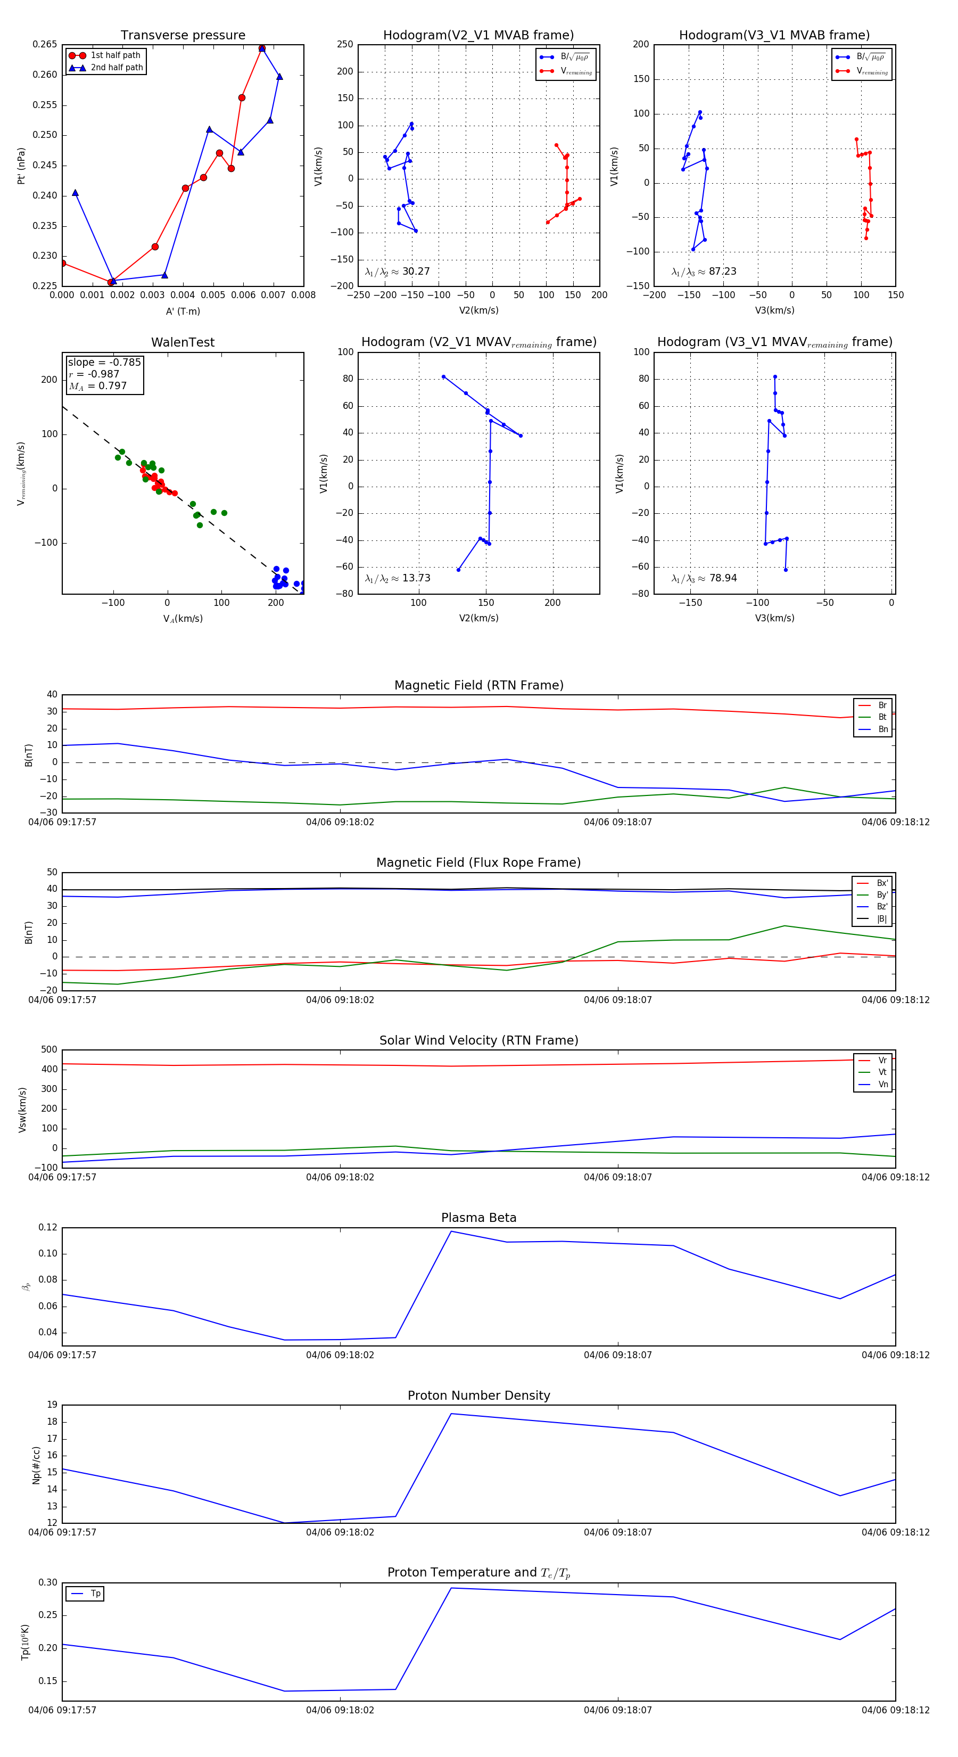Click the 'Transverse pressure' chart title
pos(183,36)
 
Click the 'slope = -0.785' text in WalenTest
pos(104,362)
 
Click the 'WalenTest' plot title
pos(183,342)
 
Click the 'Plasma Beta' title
pos(478,1218)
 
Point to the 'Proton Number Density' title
pos(478,1395)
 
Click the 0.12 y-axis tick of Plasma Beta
pos(48,1227)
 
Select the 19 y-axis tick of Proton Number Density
pos(52,1405)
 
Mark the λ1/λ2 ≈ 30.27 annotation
pos(398,272)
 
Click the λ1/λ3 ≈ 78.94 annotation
pos(704,578)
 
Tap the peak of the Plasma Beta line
pos(451,1231)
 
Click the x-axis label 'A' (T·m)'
pos(183,311)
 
